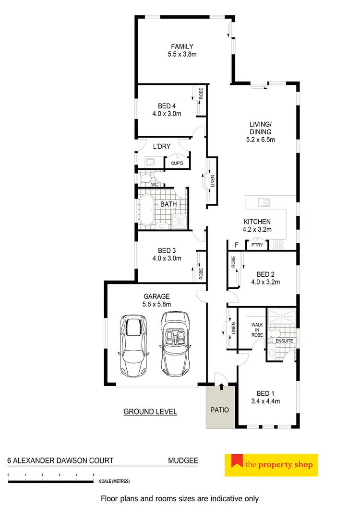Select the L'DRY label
pyautogui.click(x=162, y=146)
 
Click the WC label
pyautogui.click(x=155, y=184)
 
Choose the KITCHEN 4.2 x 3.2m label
pyautogui.click(x=257, y=225)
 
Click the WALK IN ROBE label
pyautogui.click(x=257, y=330)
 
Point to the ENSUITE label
pyautogui.click(x=284, y=341)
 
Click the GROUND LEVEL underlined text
pyautogui.click(x=150, y=412)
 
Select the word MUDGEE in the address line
pyautogui.click(x=183, y=461)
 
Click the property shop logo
pyautogui.click(x=271, y=464)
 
